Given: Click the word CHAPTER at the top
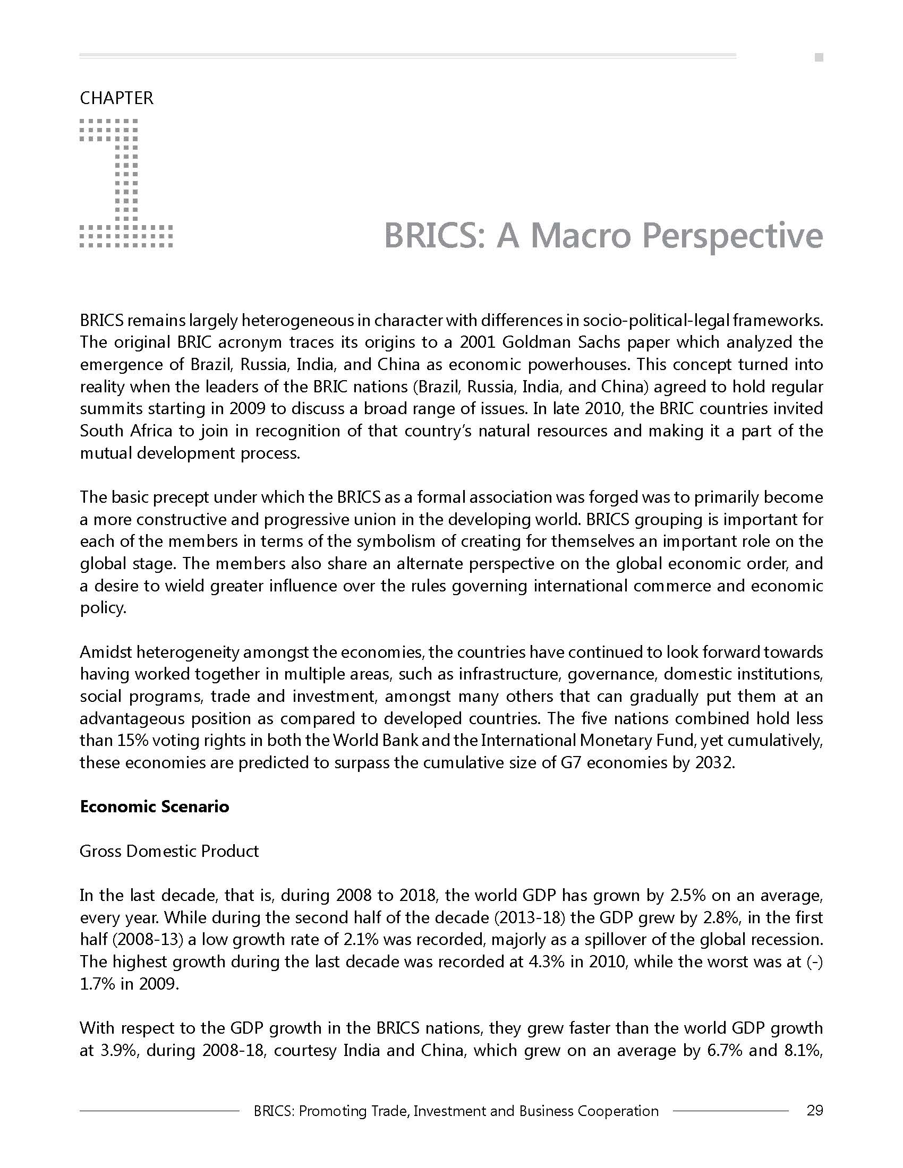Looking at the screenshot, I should click(116, 98).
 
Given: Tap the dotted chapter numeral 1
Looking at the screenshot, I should click(126, 182).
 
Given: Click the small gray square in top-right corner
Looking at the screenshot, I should click(819, 58).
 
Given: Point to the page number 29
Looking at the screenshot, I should click(814, 1111).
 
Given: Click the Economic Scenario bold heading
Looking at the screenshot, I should click(154, 806).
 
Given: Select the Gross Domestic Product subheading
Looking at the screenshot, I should click(169, 851).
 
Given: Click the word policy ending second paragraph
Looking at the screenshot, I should click(103, 608).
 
